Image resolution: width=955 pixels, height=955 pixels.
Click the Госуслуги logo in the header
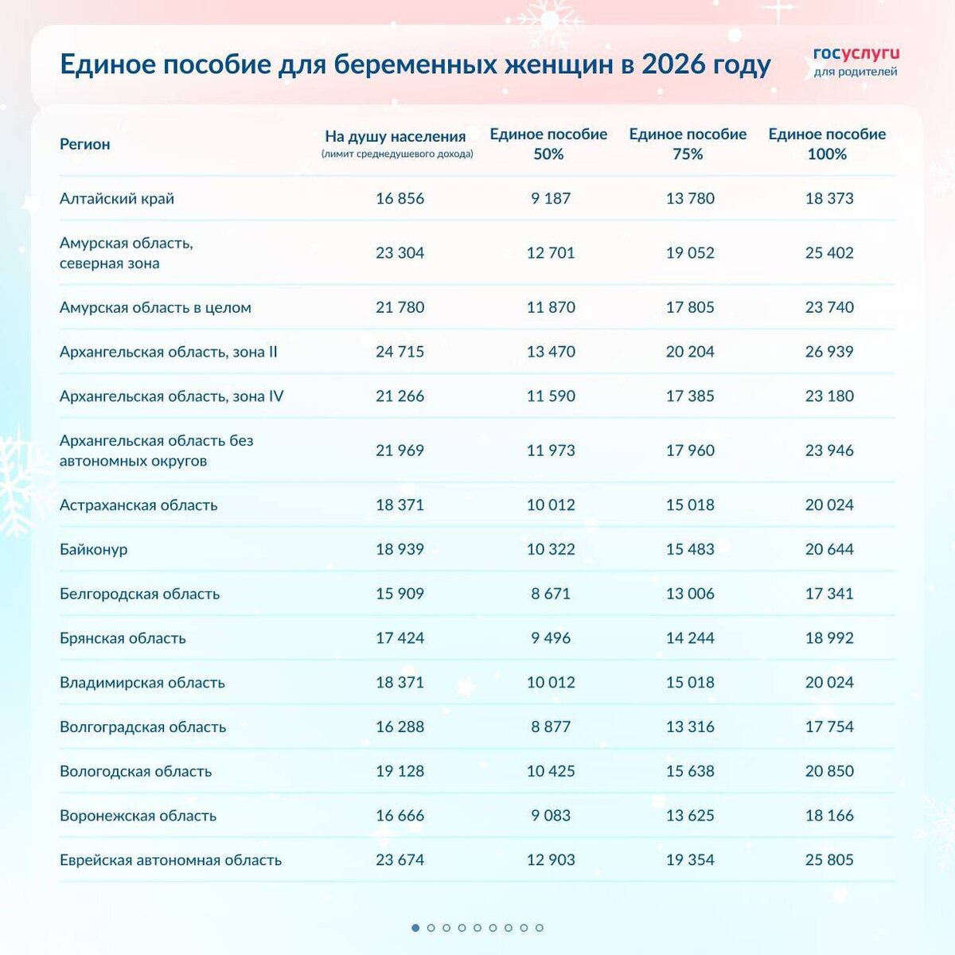click(856, 61)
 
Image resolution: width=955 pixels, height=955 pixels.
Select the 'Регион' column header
click(84, 144)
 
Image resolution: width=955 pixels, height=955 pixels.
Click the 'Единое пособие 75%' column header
click(688, 144)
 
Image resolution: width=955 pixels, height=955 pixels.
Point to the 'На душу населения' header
click(396, 137)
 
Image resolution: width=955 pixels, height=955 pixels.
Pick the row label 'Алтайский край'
click(117, 198)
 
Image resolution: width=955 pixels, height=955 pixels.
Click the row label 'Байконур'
click(93, 549)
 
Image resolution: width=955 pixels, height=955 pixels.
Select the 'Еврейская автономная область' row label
click(170, 859)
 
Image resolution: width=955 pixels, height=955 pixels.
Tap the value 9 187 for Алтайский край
click(551, 198)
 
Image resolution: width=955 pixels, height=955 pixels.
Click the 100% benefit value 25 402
click(829, 253)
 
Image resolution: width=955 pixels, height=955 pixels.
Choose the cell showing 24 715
click(400, 352)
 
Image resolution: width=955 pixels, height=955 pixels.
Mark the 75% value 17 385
click(690, 396)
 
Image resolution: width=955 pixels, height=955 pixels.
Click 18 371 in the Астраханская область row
click(400, 505)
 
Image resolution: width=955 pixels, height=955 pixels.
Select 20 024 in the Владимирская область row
click(829, 682)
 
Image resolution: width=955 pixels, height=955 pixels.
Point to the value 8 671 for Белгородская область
click(551, 594)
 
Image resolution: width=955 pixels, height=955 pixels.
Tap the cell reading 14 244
click(690, 637)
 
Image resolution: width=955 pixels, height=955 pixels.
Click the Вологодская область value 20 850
click(829, 771)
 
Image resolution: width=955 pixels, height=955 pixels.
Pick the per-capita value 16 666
click(400, 816)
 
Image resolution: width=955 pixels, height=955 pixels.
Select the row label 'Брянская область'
click(123, 637)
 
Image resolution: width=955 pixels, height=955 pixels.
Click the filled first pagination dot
click(415, 928)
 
